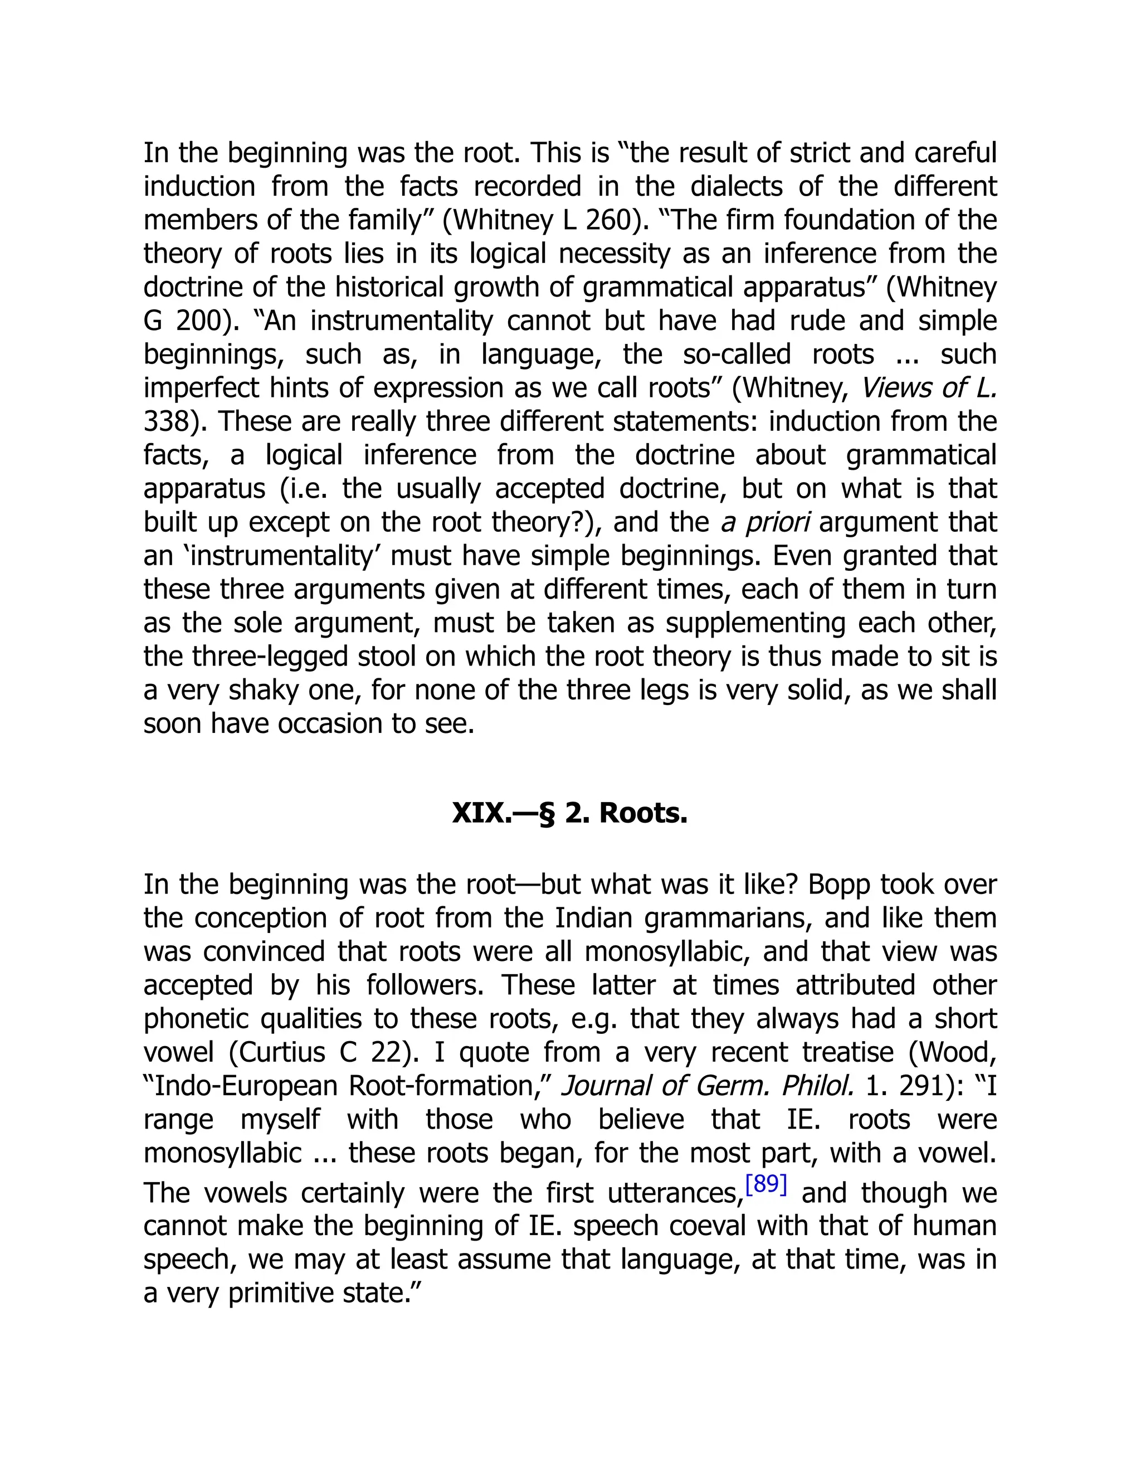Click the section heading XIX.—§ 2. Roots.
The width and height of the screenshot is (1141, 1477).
tap(569, 813)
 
